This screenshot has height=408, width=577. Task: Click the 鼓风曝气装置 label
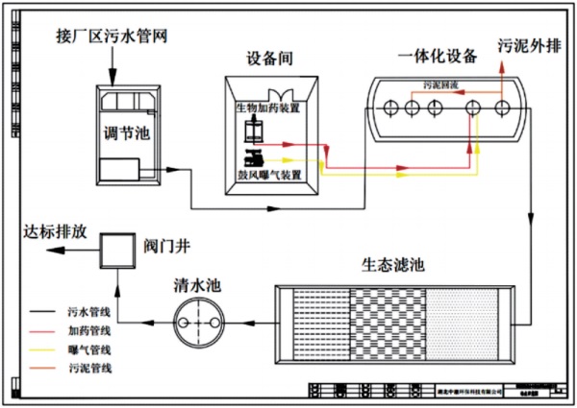coord(269,175)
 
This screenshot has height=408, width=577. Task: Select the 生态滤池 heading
coord(393,264)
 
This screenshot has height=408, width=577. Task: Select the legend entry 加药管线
coord(91,331)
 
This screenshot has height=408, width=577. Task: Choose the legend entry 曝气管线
coord(91,349)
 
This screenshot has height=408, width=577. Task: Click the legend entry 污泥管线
coord(91,368)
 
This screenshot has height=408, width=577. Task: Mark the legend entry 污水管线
coord(91,313)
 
